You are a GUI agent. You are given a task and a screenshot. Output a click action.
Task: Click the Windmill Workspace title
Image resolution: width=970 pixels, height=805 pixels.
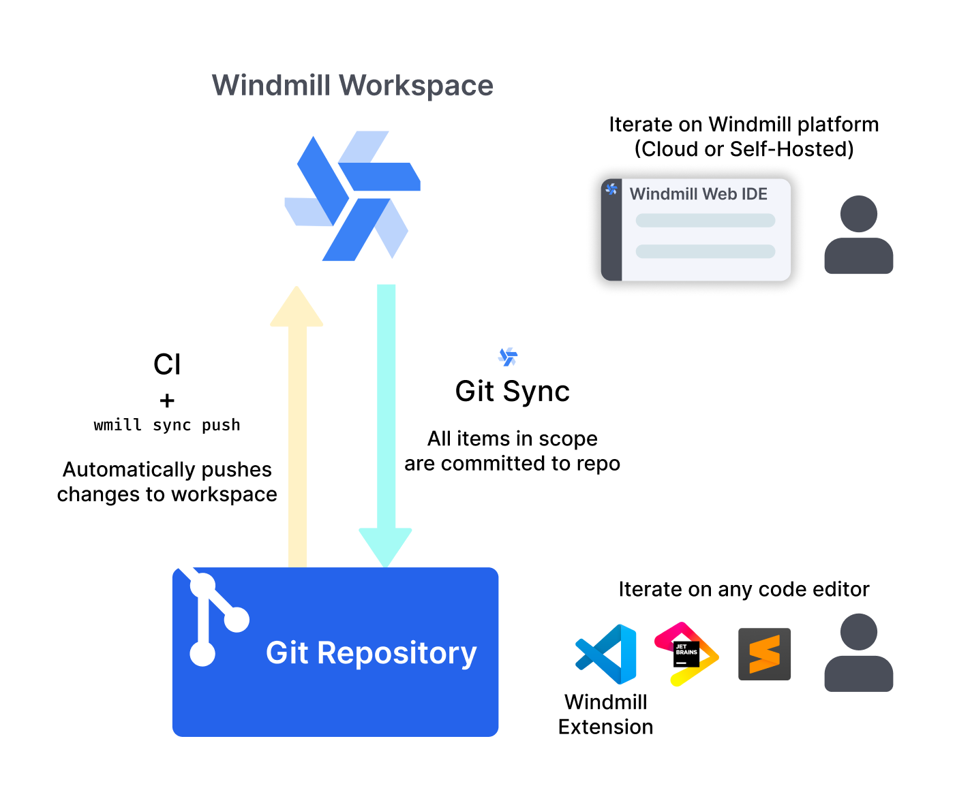pyautogui.click(x=352, y=86)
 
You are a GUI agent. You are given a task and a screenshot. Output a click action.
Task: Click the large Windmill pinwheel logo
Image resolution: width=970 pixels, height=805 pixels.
pyautogui.click(x=352, y=196)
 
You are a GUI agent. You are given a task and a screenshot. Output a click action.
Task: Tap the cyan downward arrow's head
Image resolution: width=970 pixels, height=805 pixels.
pyautogui.click(x=386, y=546)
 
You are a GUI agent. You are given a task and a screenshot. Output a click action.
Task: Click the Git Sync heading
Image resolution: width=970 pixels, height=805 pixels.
pyautogui.click(x=512, y=392)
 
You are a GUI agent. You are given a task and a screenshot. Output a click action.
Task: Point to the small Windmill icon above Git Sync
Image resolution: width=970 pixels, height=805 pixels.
pyautogui.click(x=508, y=356)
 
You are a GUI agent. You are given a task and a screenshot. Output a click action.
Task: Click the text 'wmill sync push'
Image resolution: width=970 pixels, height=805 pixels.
pyautogui.click(x=167, y=425)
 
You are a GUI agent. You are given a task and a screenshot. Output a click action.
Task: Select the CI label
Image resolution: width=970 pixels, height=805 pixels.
pyautogui.click(x=167, y=364)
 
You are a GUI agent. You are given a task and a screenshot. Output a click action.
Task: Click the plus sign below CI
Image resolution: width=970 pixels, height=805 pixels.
pyautogui.click(x=167, y=400)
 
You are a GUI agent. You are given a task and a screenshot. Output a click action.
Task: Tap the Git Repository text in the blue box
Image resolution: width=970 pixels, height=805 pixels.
pyautogui.click(x=371, y=652)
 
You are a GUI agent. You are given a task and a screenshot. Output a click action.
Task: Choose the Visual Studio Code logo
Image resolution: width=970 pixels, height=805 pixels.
pyautogui.click(x=606, y=654)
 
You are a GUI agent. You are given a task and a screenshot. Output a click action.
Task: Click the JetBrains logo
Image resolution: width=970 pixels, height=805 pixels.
pyautogui.click(x=686, y=654)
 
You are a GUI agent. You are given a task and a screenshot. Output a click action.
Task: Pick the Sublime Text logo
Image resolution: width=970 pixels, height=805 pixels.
pyautogui.click(x=764, y=654)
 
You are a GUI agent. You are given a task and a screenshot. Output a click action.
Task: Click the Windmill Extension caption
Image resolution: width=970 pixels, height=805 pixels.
pyautogui.click(x=605, y=714)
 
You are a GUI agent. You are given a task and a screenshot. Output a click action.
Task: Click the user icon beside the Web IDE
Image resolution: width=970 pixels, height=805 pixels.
pyautogui.click(x=858, y=235)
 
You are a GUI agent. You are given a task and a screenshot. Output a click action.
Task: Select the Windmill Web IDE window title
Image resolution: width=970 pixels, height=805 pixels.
pyautogui.click(x=698, y=194)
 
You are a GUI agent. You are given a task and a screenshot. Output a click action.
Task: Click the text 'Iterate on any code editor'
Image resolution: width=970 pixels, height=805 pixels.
pyautogui.click(x=744, y=589)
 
